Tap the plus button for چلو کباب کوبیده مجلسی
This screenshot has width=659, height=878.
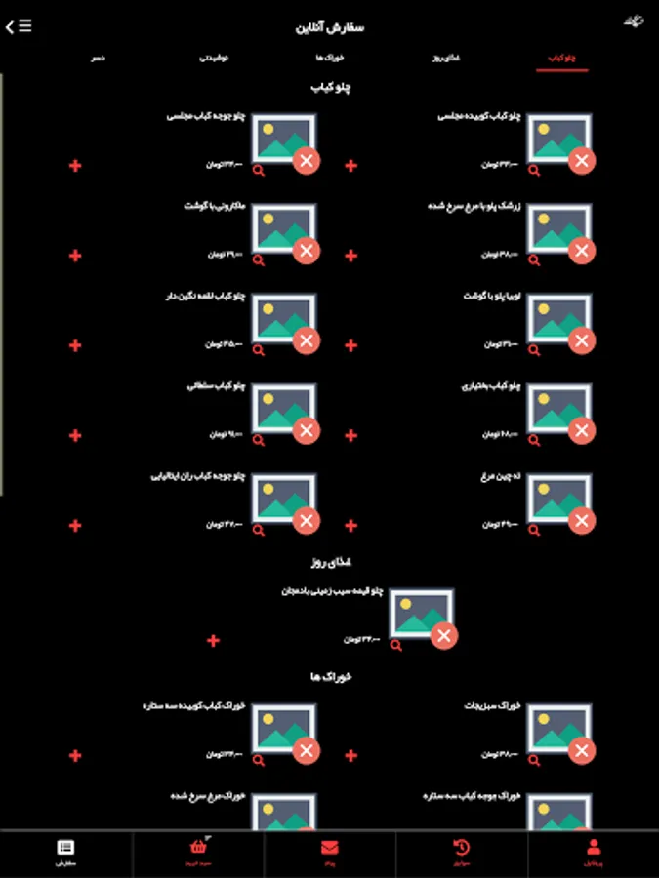coord(351,166)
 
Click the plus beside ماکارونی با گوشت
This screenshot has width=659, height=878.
coord(75,256)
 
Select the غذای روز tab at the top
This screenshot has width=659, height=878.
coord(446,60)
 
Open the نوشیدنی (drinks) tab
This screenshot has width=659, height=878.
coord(214,60)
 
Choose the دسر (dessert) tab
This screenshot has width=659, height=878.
coord(99,60)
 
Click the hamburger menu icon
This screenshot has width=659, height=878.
coord(23,26)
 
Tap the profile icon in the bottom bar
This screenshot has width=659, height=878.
coord(594,848)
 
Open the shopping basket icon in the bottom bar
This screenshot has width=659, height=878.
coord(199,848)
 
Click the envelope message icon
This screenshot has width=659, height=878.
coord(329,848)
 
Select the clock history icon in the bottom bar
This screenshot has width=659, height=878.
coord(462,848)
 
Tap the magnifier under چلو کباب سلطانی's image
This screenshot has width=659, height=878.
coord(259,440)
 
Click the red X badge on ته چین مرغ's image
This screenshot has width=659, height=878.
coord(582,521)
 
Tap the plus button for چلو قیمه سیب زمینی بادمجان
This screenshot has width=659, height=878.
coord(213,641)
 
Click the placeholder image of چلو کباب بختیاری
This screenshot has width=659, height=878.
coord(558,408)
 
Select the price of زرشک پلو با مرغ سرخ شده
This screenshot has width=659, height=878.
coord(499,255)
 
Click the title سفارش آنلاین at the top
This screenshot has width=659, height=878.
coord(330,27)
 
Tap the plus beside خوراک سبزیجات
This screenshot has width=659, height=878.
coord(351,756)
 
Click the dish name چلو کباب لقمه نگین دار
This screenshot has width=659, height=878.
coord(206,296)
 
